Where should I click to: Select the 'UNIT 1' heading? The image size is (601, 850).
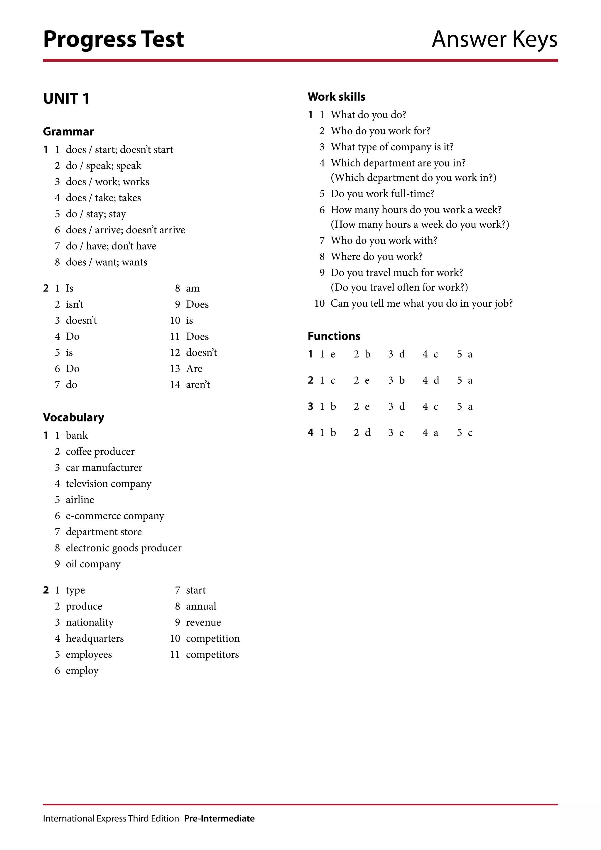tap(66, 99)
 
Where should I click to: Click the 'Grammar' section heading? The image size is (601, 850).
tap(68, 131)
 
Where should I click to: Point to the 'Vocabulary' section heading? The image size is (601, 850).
tap(74, 417)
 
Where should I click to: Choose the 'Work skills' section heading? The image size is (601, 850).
tap(336, 97)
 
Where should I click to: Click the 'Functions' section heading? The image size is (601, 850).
tap(334, 336)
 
